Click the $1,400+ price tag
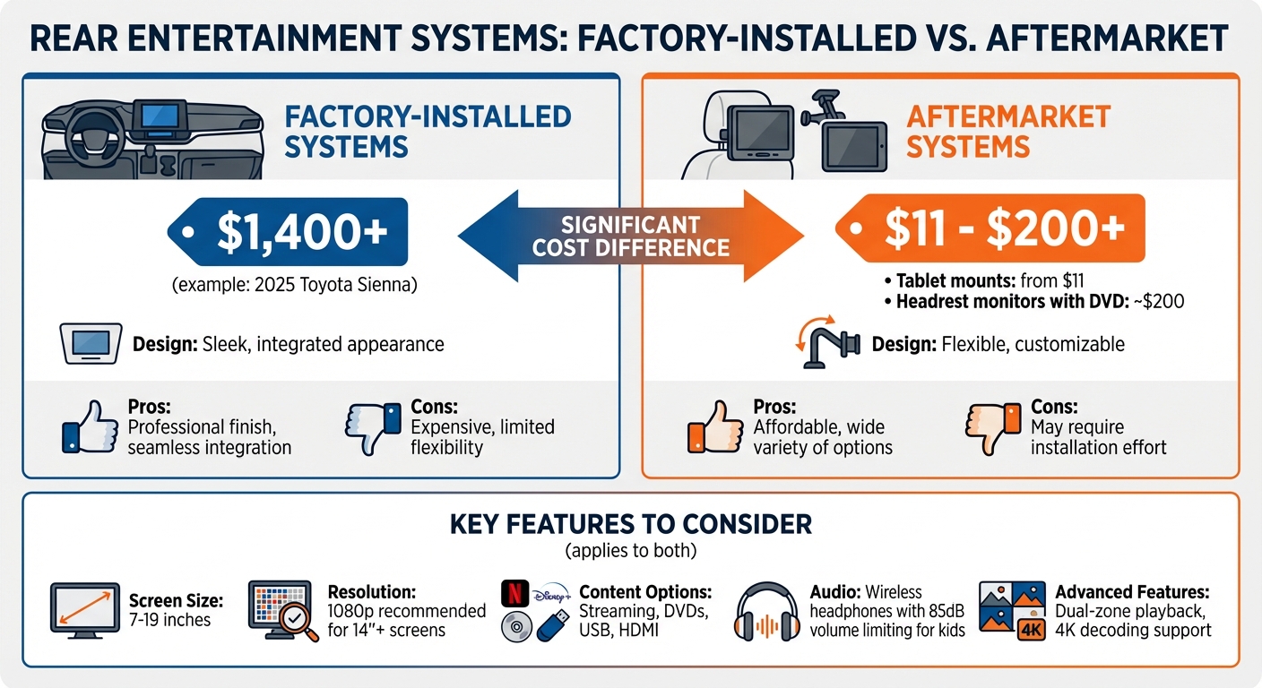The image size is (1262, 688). coord(289,232)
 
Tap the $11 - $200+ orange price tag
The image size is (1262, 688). coord(990,230)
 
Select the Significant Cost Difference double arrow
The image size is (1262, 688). coord(631,235)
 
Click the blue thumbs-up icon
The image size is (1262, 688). coord(90,428)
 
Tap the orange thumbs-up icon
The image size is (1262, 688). coord(715,427)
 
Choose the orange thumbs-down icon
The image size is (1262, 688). coord(992,428)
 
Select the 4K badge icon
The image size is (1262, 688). coord(1031,631)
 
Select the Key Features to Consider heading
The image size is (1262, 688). coord(631,523)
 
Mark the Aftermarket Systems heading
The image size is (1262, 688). coord(1008,131)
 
